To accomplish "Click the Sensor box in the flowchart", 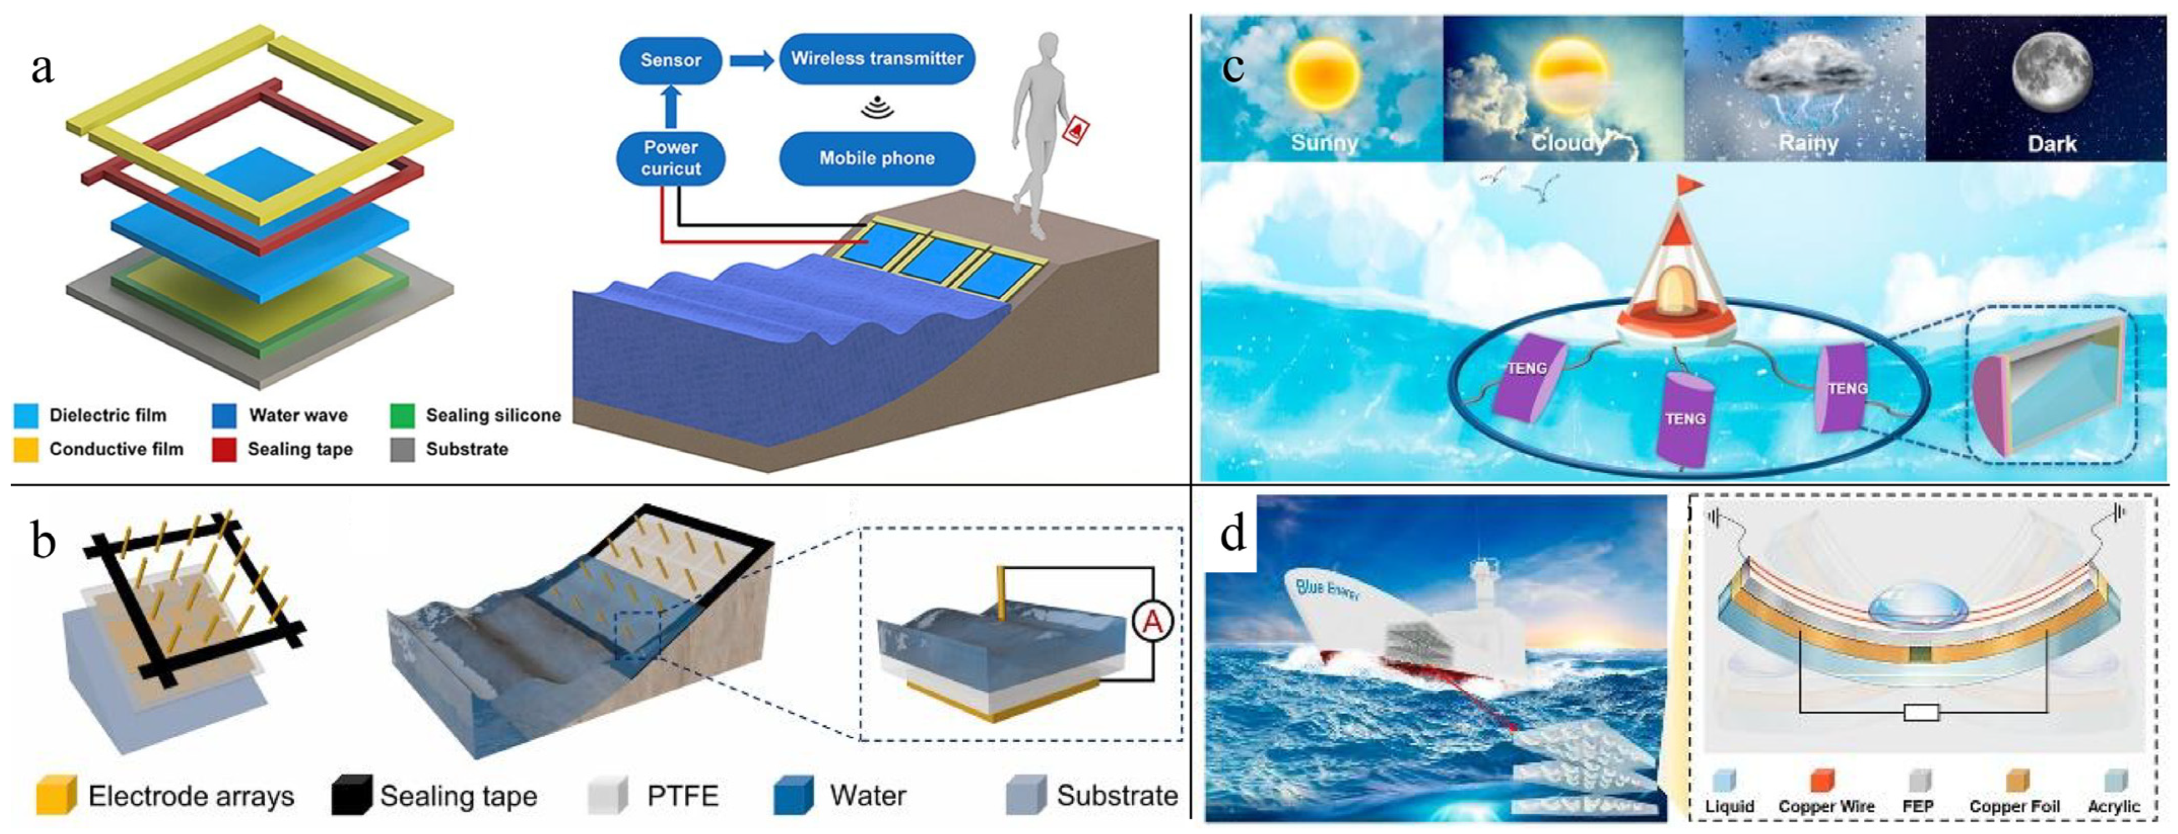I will [x=670, y=60].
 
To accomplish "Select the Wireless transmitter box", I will [x=877, y=58].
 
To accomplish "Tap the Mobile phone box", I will [x=877, y=158].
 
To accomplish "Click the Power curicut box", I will [x=670, y=158].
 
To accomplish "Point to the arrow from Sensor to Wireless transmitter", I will [x=751, y=60].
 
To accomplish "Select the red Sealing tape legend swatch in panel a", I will [x=224, y=449].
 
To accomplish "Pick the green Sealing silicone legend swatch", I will [x=402, y=416].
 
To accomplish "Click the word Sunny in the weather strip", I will [x=1324, y=143].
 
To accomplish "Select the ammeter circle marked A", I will [x=1152, y=624].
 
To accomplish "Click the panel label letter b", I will [x=43, y=541].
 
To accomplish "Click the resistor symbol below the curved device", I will [x=1921, y=713].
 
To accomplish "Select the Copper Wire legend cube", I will [x=1821, y=780].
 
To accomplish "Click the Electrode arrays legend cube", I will [x=56, y=796].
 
